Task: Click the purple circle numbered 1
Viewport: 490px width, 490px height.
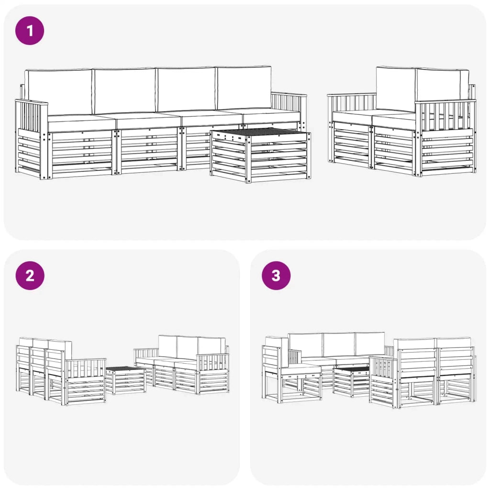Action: click(x=30, y=31)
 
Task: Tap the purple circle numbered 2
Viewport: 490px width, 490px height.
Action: click(x=30, y=276)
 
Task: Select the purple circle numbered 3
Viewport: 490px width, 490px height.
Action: click(x=276, y=276)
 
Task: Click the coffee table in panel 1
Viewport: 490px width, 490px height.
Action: click(x=261, y=156)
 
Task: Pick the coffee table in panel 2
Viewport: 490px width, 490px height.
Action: click(x=126, y=380)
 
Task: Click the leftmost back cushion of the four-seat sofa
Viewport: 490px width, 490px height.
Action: click(x=58, y=91)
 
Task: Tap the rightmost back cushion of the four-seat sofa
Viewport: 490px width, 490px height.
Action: click(x=244, y=88)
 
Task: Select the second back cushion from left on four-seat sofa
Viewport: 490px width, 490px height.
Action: click(x=125, y=91)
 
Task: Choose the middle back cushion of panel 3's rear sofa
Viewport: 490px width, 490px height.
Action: click(x=339, y=345)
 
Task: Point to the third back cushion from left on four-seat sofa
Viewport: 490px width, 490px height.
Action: click(x=186, y=89)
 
